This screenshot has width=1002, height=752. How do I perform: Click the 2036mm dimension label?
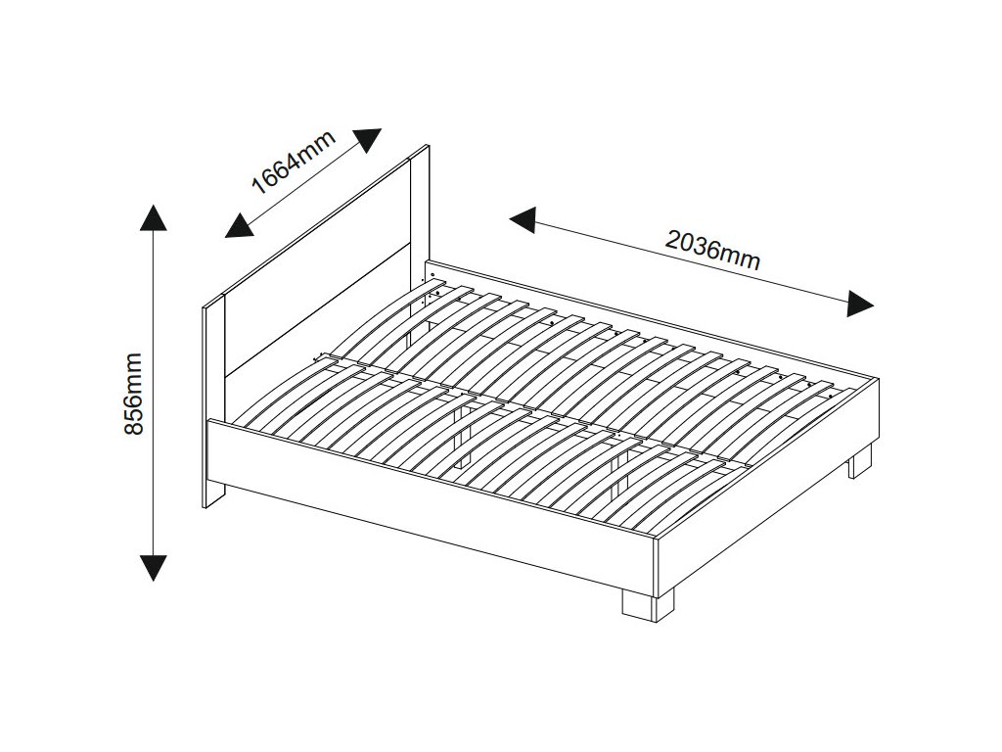(x=713, y=249)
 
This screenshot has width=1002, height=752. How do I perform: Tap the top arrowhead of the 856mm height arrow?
(x=153, y=217)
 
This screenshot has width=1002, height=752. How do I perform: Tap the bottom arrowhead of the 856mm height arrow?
(x=153, y=567)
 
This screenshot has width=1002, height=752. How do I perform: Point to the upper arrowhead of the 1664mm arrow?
(x=368, y=140)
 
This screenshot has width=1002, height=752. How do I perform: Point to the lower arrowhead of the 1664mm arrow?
(x=238, y=226)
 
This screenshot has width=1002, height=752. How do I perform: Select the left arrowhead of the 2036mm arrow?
(x=523, y=220)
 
